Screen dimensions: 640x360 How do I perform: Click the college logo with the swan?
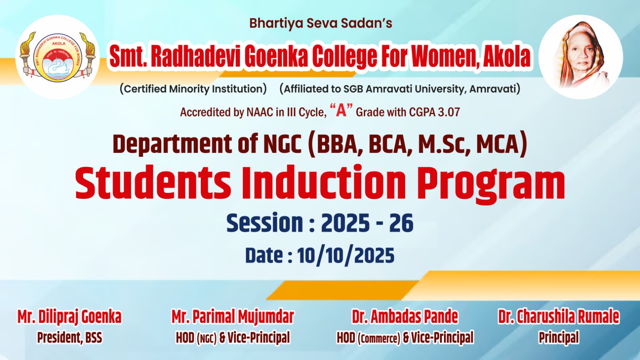click(58, 57)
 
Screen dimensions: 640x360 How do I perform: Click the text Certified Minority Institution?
click(193, 89)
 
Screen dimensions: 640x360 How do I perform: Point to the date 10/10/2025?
click(346, 256)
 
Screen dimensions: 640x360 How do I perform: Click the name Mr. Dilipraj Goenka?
click(70, 317)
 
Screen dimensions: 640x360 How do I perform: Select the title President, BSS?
click(70, 338)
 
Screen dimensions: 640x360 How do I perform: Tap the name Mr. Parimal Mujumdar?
click(232, 317)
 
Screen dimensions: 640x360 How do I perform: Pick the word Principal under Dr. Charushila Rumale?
click(559, 338)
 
